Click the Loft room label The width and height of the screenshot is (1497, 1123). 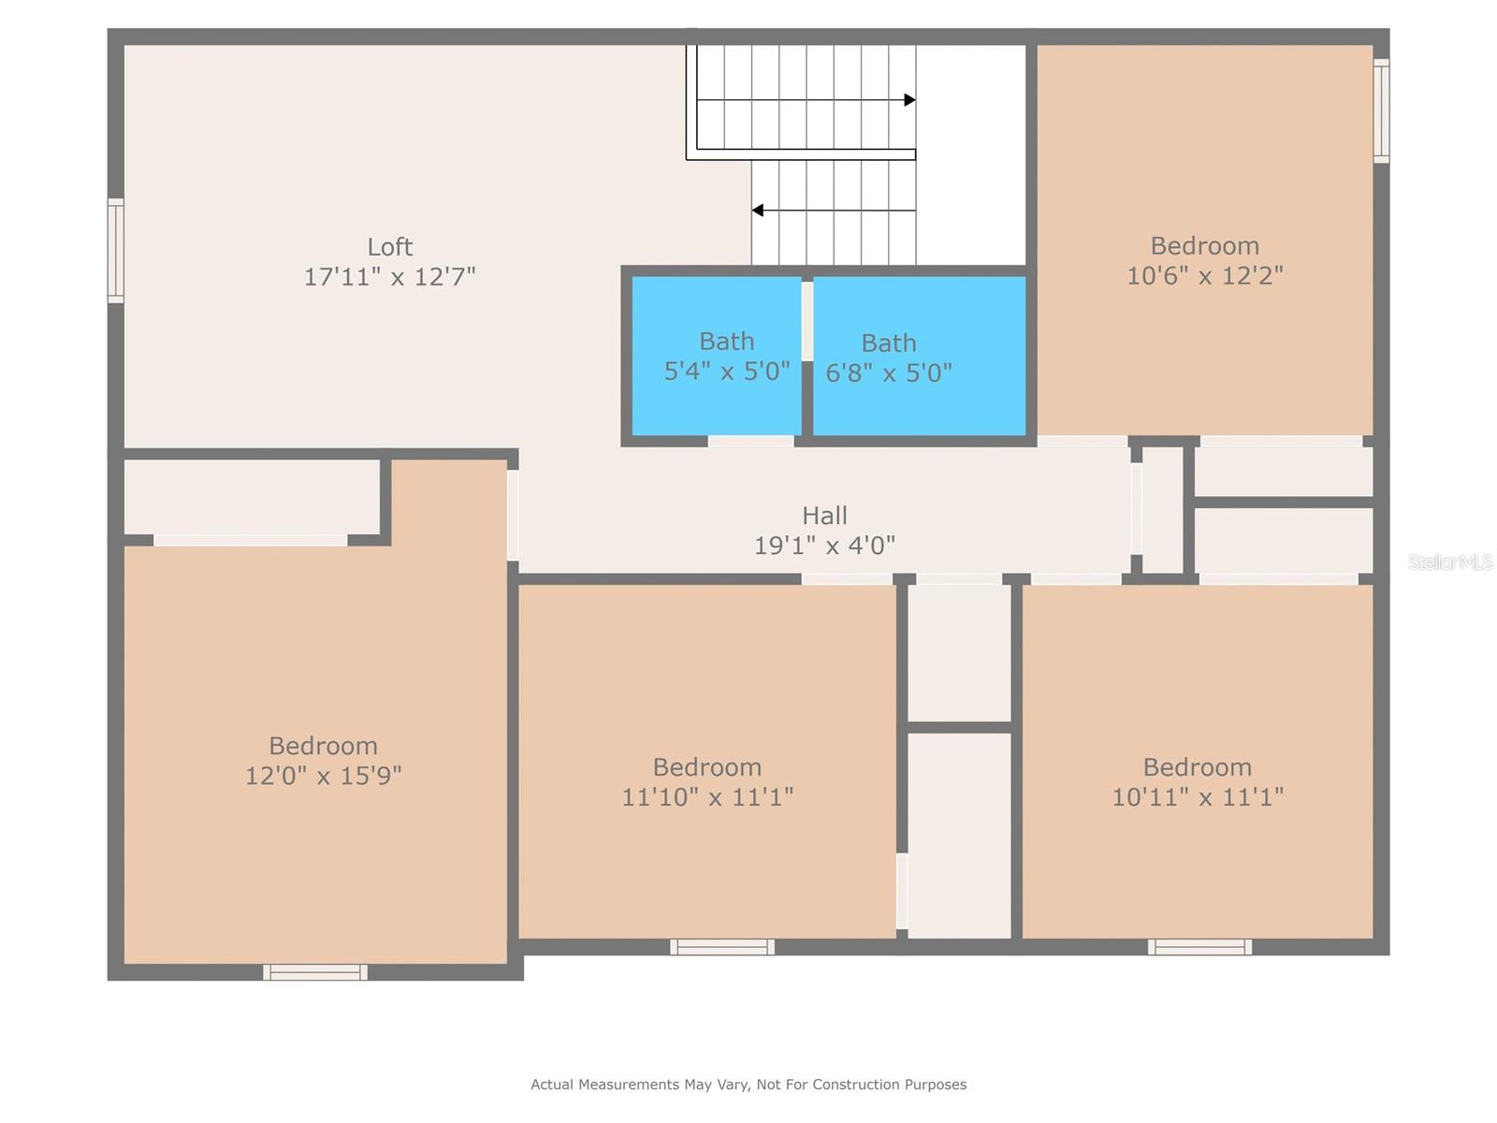tap(389, 247)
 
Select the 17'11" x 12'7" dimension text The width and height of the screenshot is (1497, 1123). tap(389, 277)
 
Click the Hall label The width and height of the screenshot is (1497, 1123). tap(824, 516)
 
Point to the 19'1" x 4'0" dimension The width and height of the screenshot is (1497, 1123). tap(824, 546)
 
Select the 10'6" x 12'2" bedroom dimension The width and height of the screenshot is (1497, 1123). tap(1204, 276)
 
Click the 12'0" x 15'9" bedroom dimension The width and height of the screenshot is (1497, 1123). tap(323, 776)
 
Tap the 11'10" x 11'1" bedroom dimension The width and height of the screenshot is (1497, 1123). tap(707, 797)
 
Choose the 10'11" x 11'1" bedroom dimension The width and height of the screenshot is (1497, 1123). tap(1197, 797)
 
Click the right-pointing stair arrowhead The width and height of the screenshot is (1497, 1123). tap(909, 100)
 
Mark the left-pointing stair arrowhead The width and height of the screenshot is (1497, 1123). tap(758, 211)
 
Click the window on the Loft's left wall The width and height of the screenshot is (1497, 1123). tap(116, 251)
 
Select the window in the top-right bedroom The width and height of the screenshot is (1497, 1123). tap(1381, 110)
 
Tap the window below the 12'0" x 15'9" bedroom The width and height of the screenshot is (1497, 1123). tap(315, 972)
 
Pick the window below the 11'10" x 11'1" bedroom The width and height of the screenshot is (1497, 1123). tap(722, 947)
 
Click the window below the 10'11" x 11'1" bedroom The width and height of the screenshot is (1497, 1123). tap(1199, 947)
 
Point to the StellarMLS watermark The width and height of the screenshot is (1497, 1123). tap(1450, 562)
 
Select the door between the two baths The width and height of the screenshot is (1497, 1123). tap(807, 321)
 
